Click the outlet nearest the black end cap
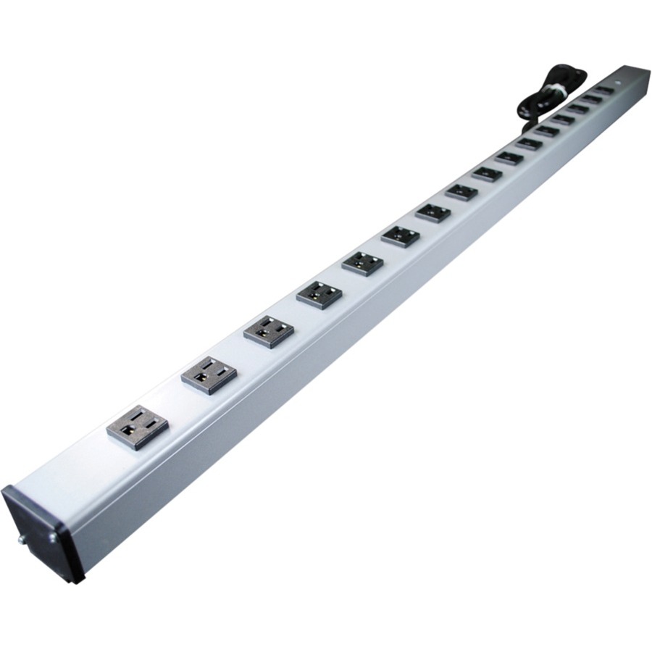138,427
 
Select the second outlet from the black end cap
209,375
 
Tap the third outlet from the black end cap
269,331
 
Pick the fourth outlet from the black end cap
319,294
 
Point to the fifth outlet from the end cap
362,263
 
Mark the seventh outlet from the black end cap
433,212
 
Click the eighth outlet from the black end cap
461,192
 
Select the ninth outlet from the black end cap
487,174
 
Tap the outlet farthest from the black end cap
603,91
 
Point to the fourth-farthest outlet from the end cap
563,118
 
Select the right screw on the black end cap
52,537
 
